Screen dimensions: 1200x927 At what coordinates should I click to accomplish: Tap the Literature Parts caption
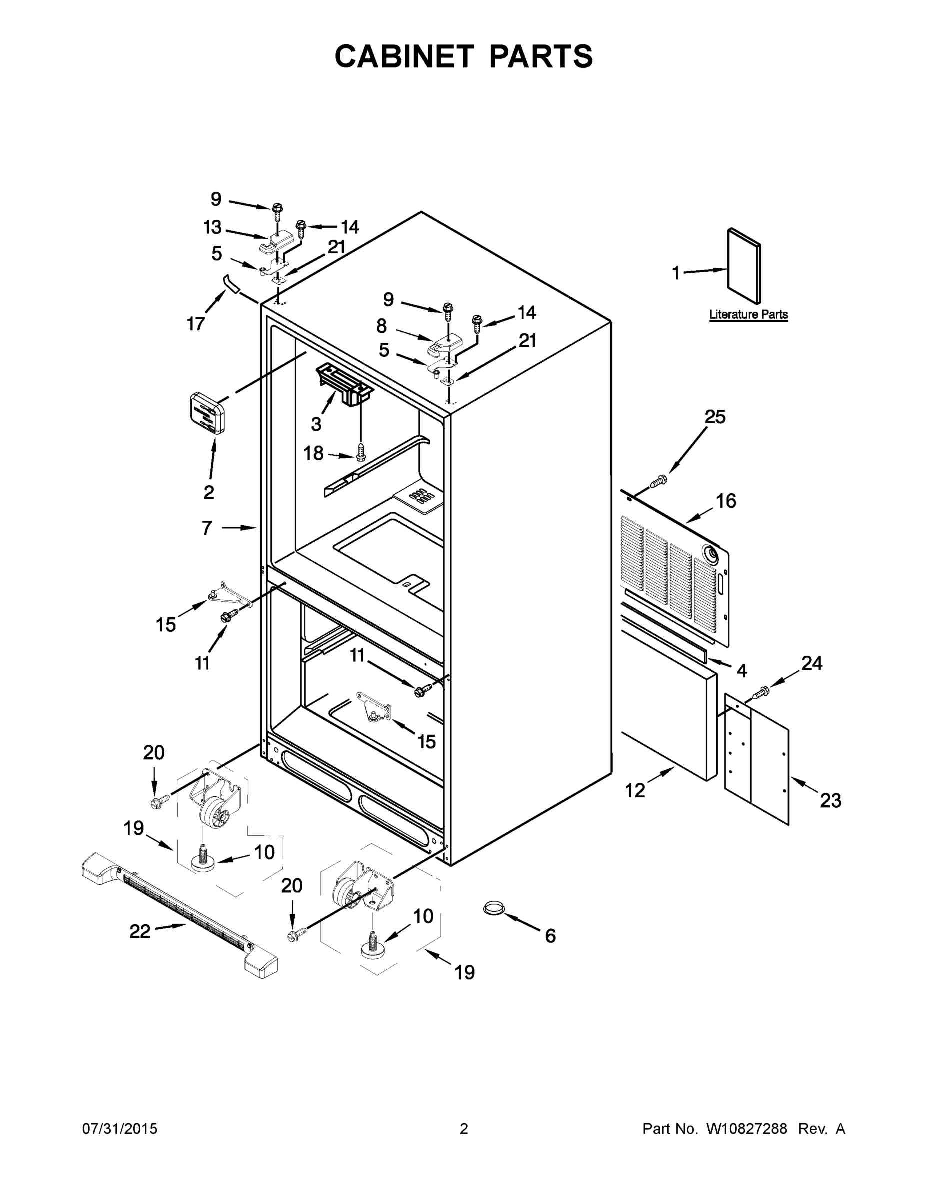tap(748, 315)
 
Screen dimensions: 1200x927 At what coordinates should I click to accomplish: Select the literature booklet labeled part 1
tap(744, 266)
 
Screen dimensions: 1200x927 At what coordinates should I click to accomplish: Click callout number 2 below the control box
tap(209, 492)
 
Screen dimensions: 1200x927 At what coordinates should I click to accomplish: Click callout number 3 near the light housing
tap(316, 423)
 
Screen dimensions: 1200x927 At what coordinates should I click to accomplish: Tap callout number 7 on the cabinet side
tap(206, 528)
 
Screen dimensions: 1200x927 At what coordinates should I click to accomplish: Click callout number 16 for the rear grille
tap(726, 501)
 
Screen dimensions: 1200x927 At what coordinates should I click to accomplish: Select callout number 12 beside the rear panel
tap(635, 790)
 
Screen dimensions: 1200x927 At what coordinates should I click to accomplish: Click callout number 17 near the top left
tap(195, 324)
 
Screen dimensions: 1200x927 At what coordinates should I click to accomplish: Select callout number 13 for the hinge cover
tap(212, 227)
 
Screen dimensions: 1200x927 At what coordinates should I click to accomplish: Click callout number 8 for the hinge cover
tap(381, 326)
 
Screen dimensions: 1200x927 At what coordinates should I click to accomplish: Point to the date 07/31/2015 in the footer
tap(120, 1128)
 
